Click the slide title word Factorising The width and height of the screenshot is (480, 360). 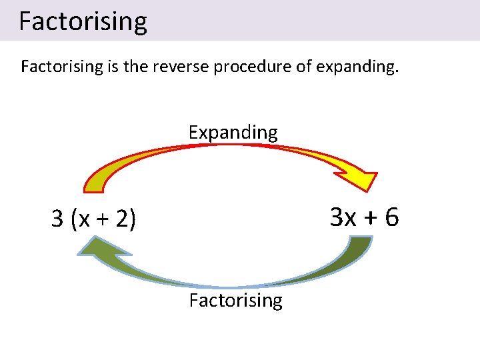[x=83, y=21]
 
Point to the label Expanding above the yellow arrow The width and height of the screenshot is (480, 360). [x=233, y=132]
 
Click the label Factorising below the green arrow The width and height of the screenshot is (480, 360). [x=235, y=300]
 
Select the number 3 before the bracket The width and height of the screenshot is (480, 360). [x=58, y=219]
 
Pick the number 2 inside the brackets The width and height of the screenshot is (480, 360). [x=122, y=219]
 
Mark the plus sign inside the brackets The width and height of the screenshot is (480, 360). [x=103, y=219]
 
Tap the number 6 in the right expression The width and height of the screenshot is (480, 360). [x=391, y=217]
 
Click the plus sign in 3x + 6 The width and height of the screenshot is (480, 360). [x=369, y=217]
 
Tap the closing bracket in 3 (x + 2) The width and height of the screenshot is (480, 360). [x=133, y=219]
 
